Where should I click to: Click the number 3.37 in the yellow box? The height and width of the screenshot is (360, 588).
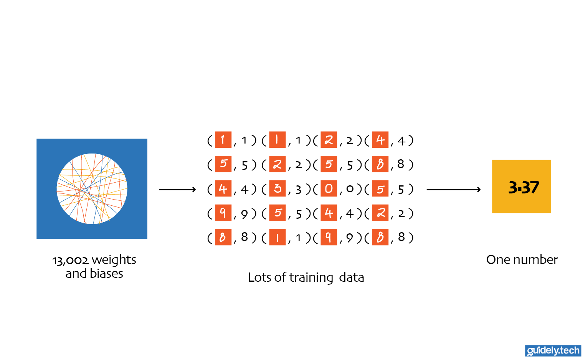click(x=524, y=187)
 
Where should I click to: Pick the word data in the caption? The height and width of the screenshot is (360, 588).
click(x=351, y=277)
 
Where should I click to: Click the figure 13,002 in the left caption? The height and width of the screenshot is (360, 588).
click(x=70, y=260)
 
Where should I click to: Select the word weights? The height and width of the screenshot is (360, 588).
click(x=114, y=260)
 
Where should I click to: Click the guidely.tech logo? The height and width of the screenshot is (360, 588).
click(x=553, y=350)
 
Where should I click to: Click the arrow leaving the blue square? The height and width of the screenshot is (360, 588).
click(x=177, y=189)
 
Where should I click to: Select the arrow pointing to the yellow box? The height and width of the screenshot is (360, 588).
click(x=453, y=189)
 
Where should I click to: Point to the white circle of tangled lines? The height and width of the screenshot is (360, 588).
click(x=92, y=189)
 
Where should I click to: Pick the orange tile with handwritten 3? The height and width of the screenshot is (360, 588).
click(x=277, y=188)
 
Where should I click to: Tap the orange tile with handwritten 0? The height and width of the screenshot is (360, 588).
click(x=329, y=188)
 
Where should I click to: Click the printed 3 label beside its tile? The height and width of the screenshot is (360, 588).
click(x=298, y=190)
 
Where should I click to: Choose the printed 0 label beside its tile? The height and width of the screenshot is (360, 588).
click(x=350, y=189)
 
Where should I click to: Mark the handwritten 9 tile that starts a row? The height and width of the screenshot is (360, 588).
click(x=223, y=213)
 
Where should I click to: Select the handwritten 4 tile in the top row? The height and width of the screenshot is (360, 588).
click(x=380, y=140)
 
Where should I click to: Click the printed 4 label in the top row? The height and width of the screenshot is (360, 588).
click(x=401, y=141)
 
